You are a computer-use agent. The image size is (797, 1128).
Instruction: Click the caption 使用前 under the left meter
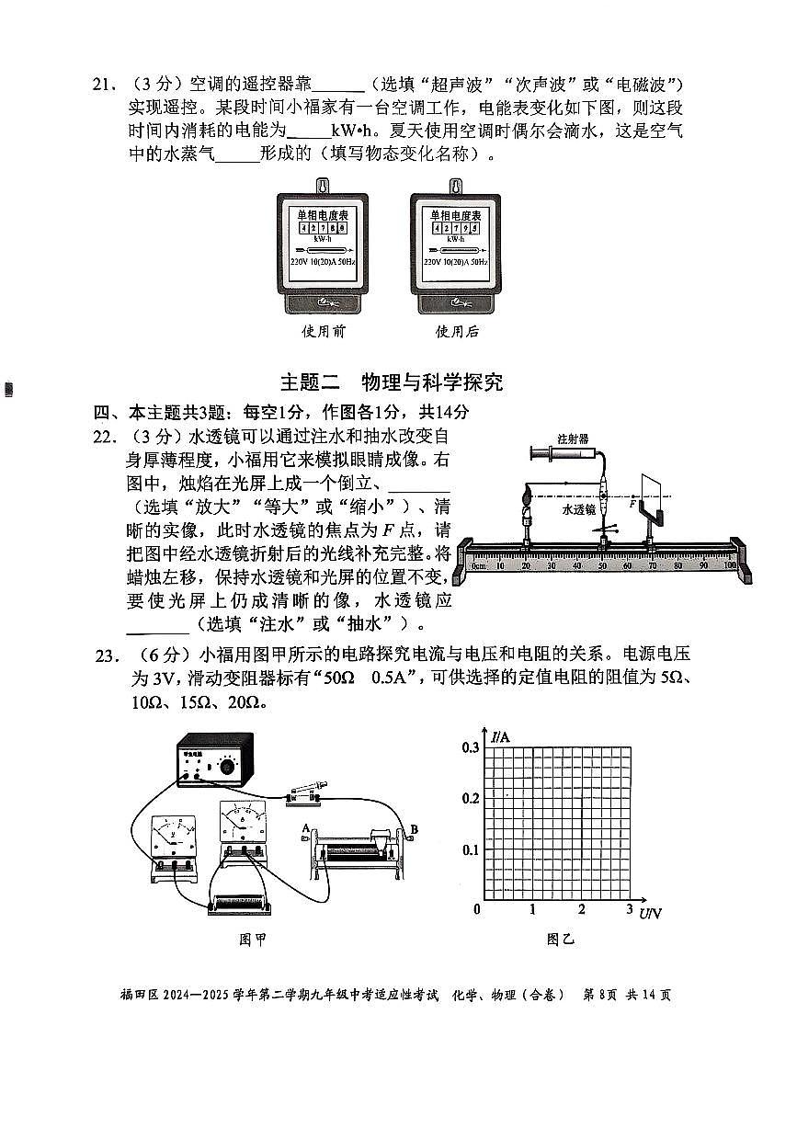pos(323,332)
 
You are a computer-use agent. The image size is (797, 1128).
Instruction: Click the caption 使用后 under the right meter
pos(457,332)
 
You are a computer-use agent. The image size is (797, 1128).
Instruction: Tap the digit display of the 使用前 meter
pos(322,227)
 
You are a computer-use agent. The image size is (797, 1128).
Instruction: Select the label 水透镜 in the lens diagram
pos(579,507)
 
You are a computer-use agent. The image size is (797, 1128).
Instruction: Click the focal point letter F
pos(632,505)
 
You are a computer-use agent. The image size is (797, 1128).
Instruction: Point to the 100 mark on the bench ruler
pos(730,566)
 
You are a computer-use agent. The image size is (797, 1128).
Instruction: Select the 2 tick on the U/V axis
pos(581,910)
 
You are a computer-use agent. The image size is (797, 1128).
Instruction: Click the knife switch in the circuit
pos(304,792)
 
